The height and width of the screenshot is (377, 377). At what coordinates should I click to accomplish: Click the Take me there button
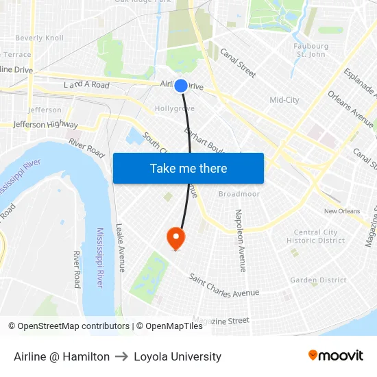tap(188, 168)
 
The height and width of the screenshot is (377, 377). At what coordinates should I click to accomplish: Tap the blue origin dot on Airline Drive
tap(181, 86)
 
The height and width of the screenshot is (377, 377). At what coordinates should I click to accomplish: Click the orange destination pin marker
tap(176, 238)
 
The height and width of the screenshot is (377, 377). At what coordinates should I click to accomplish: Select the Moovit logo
tap(335, 356)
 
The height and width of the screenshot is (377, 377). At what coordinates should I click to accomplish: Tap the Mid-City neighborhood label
tap(284, 100)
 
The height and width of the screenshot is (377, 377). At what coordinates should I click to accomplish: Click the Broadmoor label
tap(239, 194)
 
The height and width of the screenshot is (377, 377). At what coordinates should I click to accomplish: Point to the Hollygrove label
tap(174, 108)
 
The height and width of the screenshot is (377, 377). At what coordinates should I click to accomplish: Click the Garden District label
tap(318, 280)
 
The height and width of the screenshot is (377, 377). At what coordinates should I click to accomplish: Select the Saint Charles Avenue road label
tap(224, 285)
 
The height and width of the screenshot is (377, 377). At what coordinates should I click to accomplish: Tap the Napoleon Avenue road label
tap(241, 241)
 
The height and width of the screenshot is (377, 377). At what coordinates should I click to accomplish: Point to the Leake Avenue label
tap(120, 248)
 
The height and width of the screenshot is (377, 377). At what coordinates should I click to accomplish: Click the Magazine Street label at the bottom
tap(221, 320)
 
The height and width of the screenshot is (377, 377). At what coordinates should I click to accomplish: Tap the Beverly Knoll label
tap(39, 38)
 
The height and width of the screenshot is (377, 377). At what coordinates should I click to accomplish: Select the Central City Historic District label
tap(316, 236)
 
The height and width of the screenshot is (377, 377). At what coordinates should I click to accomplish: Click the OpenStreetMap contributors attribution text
tap(69, 326)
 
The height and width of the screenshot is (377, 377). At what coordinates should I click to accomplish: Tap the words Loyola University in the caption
tap(178, 356)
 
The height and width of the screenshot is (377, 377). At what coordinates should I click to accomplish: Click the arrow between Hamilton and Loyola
tap(122, 356)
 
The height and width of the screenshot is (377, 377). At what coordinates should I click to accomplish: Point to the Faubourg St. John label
tap(309, 50)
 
